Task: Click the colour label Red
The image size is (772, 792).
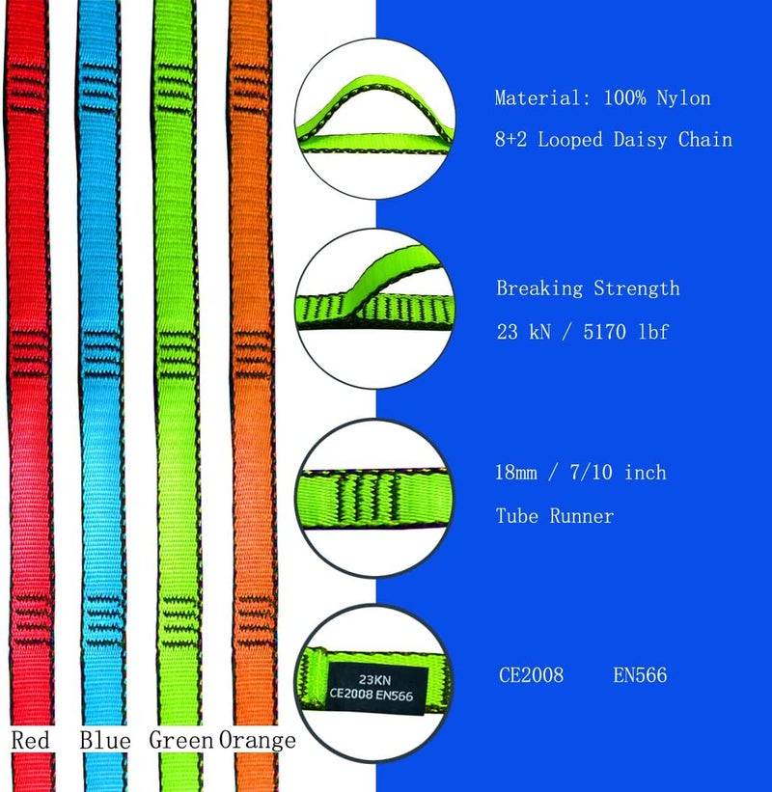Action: tap(30, 740)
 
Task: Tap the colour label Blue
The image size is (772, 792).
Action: tap(105, 740)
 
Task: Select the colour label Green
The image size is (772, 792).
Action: tap(180, 740)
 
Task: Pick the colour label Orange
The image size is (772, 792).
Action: tap(258, 741)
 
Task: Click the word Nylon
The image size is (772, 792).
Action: tap(683, 98)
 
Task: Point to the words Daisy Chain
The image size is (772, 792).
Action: tap(673, 140)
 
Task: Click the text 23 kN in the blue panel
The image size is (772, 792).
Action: tap(523, 332)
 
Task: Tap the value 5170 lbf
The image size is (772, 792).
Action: tap(626, 332)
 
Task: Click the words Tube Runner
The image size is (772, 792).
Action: tap(555, 516)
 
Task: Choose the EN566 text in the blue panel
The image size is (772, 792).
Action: tap(640, 675)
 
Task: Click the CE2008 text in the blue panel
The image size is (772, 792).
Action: tap(531, 675)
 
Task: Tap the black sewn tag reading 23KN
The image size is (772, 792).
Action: tap(375, 688)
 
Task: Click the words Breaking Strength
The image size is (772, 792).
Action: tap(588, 288)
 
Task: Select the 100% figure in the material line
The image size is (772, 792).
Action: tap(625, 98)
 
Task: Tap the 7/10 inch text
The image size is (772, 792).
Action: tap(618, 473)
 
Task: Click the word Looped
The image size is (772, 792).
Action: tap(570, 140)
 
